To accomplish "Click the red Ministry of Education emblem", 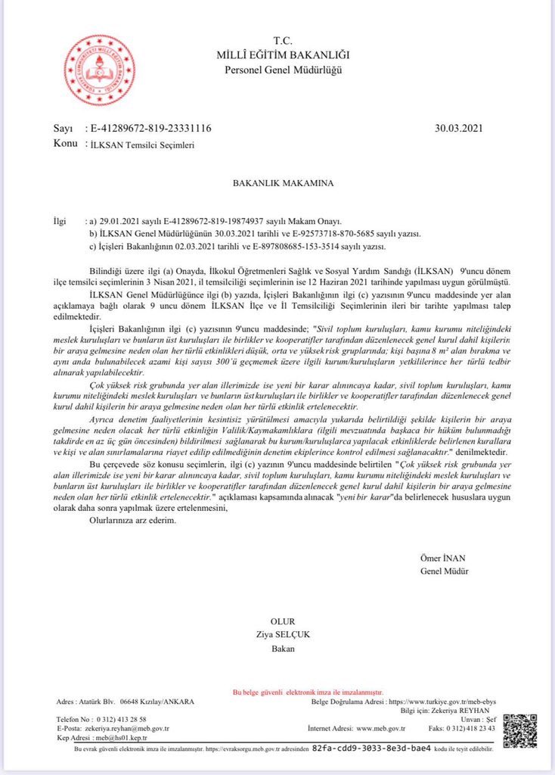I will (x=100, y=70).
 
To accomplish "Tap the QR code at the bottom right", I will (x=519, y=730).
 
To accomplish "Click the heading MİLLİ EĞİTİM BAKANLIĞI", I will (x=284, y=55).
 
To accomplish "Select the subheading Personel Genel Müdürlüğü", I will (x=284, y=70).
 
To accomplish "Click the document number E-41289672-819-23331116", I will (x=150, y=129).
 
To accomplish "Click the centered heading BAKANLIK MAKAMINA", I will (x=277, y=183).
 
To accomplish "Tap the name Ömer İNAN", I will (x=444, y=558).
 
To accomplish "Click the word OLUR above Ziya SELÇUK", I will (x=283, y=621).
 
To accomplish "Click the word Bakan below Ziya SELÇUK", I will (x=283, y=648).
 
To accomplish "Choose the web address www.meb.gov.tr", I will (x=381, y=728).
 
